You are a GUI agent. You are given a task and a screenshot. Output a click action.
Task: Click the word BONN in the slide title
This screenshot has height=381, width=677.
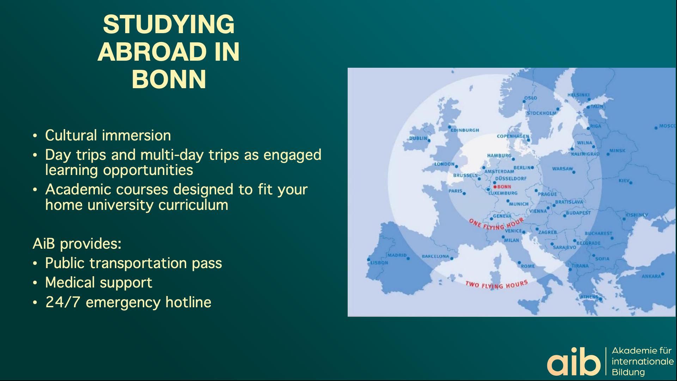[169, 79]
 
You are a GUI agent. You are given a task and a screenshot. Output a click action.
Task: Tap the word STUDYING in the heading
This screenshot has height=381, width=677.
[169, 24]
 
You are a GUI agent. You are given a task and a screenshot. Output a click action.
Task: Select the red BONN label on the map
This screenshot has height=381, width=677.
[504, 187]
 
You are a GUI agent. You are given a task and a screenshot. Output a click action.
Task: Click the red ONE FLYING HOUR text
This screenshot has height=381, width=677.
[496, 225]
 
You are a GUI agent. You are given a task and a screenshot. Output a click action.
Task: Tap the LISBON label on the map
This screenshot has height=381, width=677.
[379, 262]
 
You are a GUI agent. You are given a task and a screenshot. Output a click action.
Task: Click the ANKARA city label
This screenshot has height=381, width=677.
[651, 276]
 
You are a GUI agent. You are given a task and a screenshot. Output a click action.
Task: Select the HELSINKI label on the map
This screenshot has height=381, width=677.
[578, 95]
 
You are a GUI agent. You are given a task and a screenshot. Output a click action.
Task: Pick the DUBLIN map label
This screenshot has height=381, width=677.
[418, 138]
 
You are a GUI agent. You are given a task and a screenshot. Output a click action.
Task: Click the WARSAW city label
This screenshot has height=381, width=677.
[562, 169]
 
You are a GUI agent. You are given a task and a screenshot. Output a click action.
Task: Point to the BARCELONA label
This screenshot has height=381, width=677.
[435, 256]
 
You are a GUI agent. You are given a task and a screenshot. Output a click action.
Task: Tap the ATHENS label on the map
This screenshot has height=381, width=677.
[589, 297]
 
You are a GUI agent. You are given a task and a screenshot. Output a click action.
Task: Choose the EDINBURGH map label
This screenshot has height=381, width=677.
[465, 130]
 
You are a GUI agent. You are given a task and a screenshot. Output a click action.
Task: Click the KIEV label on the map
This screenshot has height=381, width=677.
[624, 181]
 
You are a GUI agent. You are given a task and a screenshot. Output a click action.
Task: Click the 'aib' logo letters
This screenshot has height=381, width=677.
[573, 362]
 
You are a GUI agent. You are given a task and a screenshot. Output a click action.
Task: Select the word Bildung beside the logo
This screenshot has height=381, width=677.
[628, 372]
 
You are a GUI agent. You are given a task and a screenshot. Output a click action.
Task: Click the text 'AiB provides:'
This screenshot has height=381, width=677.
[77, 243]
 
